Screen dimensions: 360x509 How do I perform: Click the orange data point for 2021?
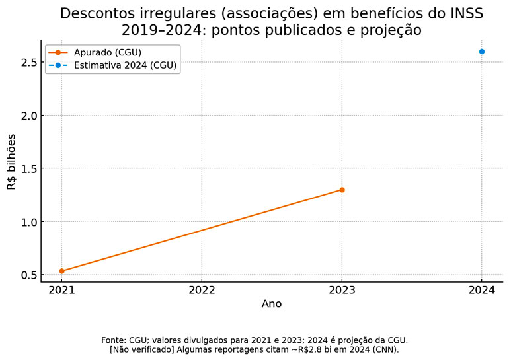(61, 271)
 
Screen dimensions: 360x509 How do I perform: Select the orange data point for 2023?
(342, 190)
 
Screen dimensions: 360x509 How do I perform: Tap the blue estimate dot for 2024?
(482, 52)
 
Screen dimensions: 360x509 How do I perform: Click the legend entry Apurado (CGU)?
(108, 52)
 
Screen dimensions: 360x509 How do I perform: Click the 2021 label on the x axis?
(61, 289)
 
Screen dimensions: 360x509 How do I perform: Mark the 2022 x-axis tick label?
(202, 289)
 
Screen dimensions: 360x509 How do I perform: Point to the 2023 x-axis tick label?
(342, 289)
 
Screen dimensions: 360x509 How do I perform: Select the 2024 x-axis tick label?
(482, 289)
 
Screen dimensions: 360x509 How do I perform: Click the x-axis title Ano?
(272, 304)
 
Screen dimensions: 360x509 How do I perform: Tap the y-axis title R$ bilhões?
(12, 162)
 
